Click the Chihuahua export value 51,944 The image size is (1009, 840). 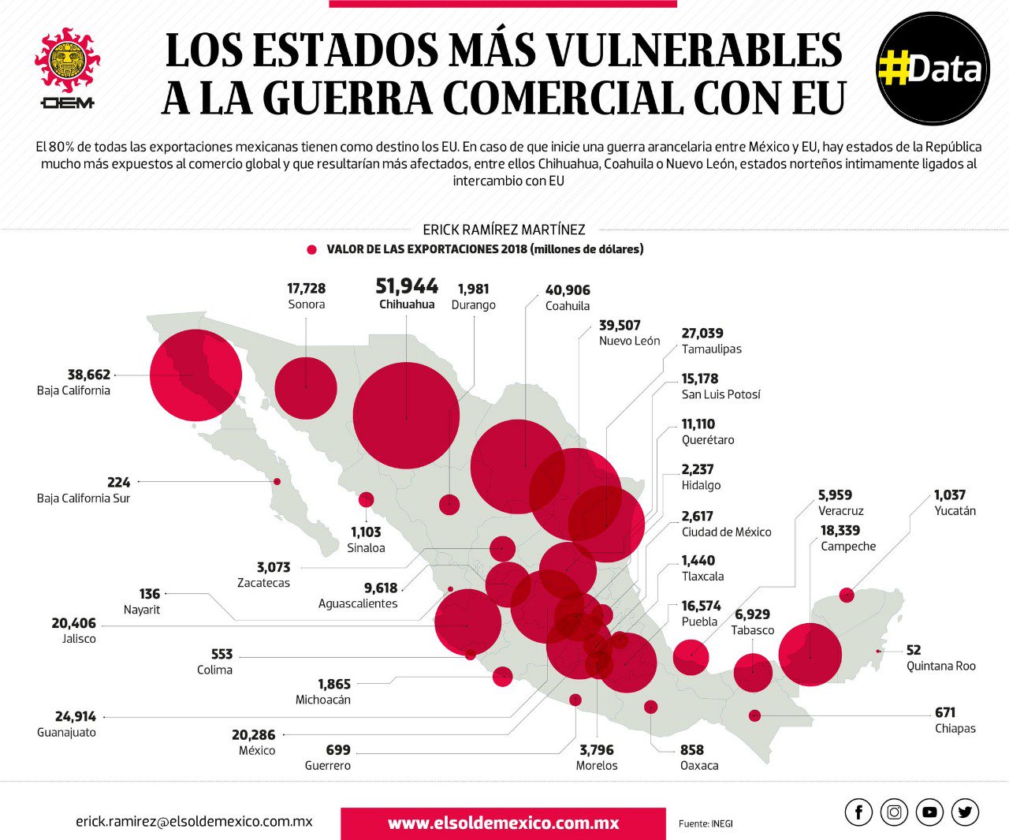coord(407,286)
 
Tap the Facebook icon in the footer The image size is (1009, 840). coord(858,812)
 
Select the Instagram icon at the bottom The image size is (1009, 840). coord(894,812)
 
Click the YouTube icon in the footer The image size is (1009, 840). coord(929,812)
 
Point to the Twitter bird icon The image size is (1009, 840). coord(965,812)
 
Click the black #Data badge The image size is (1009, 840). coord(933,69)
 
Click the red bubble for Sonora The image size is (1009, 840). coord(306,387)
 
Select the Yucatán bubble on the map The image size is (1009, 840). coord(847,595)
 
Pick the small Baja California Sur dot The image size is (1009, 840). coord(277,481)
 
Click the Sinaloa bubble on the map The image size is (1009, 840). coord(366,499)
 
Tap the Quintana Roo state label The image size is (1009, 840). coord(940,666)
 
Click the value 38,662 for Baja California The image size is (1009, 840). coord(88,375)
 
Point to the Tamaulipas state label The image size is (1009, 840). coord(711,349)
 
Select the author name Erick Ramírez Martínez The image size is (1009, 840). coord(504,230)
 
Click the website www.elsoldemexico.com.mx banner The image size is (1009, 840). coord(503,823)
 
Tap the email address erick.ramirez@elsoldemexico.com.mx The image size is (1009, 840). coord(194,821)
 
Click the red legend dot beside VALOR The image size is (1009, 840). coord(311,249)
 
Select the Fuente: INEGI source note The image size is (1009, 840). coord(706,823)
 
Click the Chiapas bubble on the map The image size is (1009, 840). coord(754,715)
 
